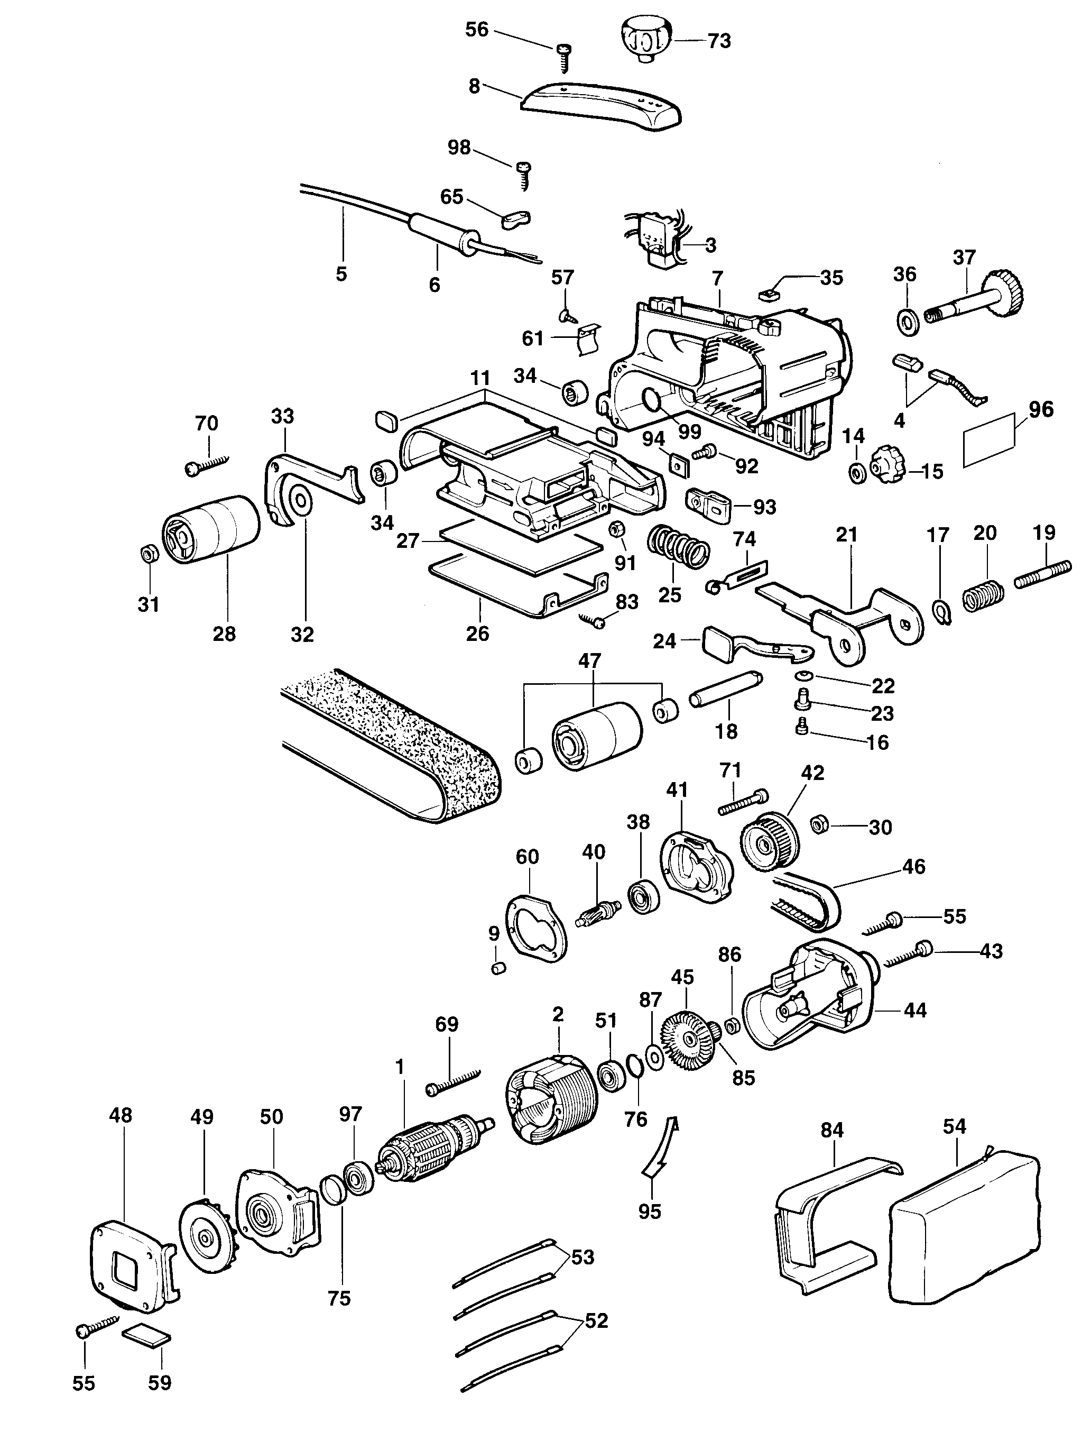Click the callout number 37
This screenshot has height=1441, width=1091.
click(964, 258)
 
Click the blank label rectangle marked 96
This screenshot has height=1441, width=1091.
click(989, 440)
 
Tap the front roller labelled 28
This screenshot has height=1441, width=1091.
click(211, 528)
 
